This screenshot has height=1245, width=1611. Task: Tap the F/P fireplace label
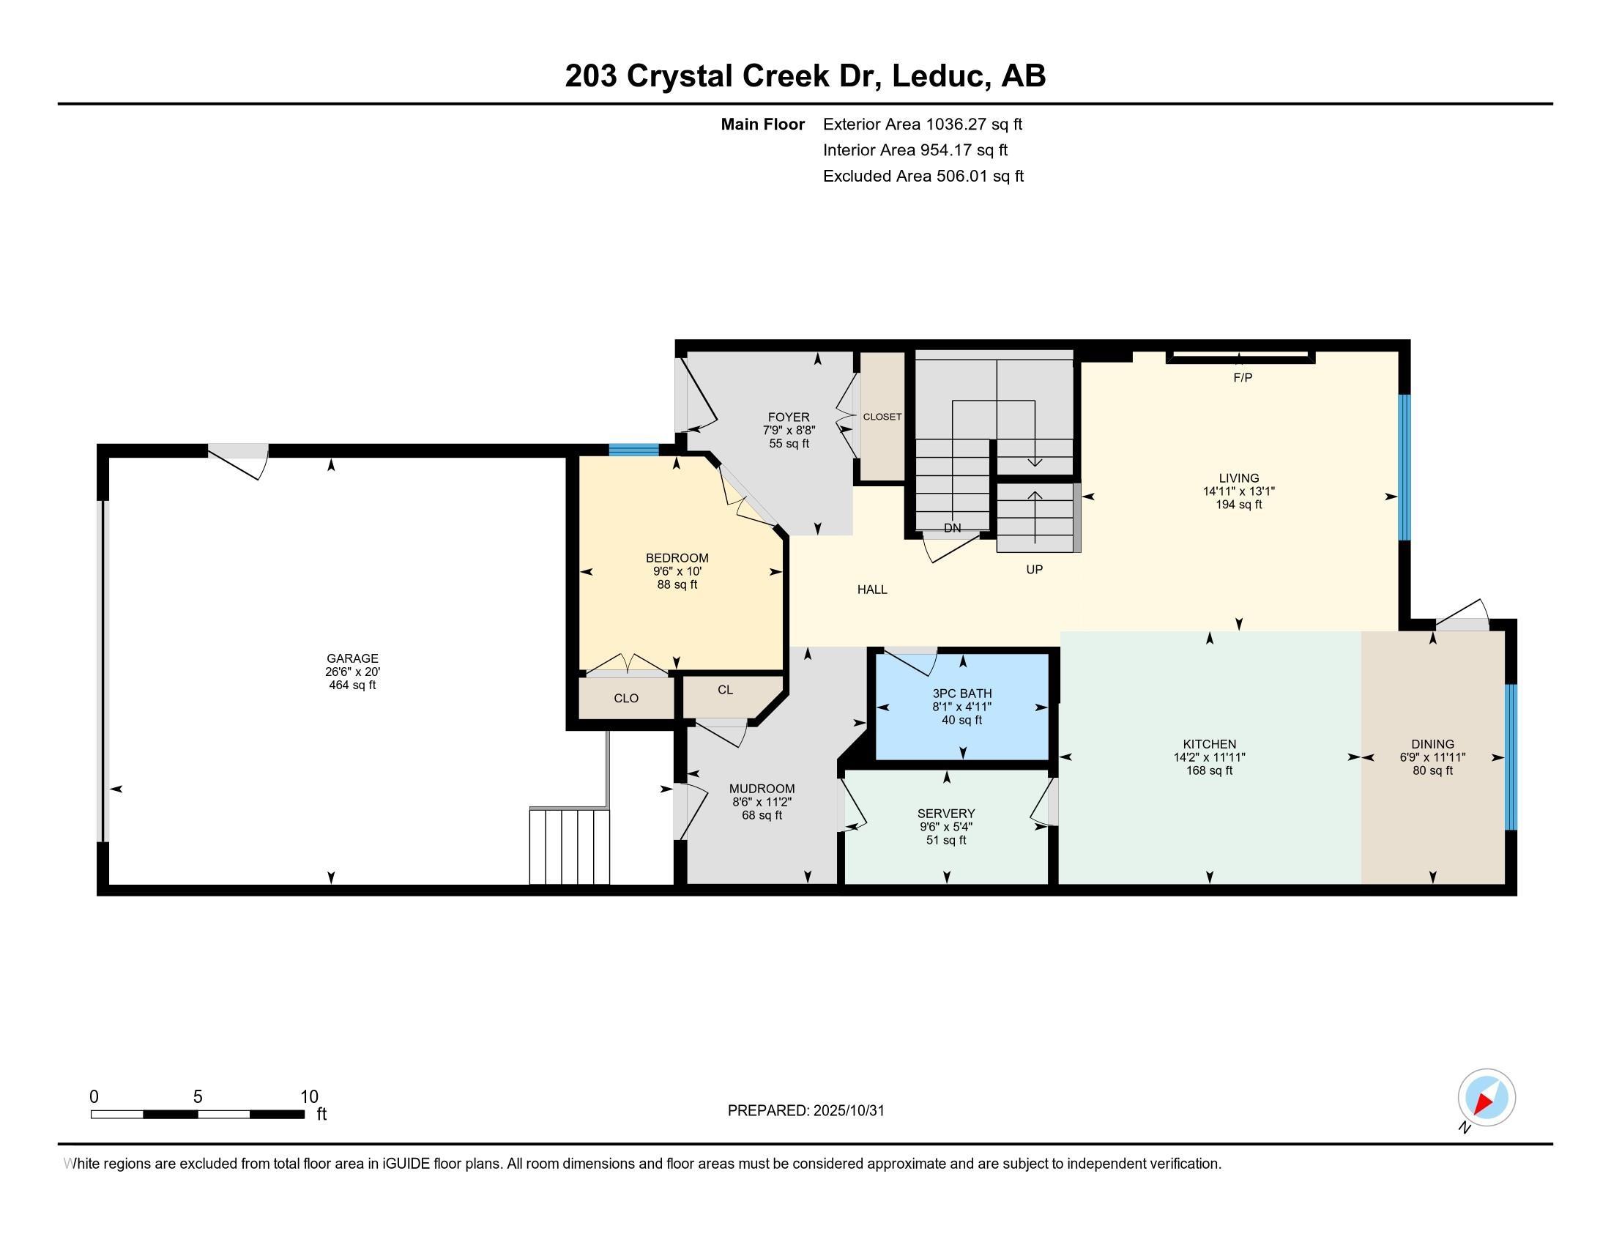click(x=1243, y=378)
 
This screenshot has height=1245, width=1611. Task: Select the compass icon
click(x=1487, y=1098)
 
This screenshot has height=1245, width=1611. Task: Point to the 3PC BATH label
click(x=962, y=694)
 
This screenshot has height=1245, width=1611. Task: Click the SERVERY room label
click(x=946, y=814)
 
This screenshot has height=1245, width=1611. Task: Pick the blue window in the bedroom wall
click(x=633, y=449)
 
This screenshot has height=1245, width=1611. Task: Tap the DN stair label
click(x=952, y=528)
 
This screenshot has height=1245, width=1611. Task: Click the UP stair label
click(x=1034, y=569)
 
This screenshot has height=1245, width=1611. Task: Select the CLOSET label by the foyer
click(x=882, y=417)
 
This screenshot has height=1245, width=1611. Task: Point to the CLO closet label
click(x=626, y=698)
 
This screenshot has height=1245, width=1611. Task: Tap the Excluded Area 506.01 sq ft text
click(x=923, y=176)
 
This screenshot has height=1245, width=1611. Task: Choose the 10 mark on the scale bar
click(x=309, y=1097)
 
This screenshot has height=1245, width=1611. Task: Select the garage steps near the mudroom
click(x=570, y=846)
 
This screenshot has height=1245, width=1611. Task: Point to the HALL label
click(x=872, y=590)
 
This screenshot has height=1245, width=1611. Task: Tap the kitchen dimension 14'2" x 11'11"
click(x=1209, y=757)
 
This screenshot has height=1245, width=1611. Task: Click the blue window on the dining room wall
click(x=1510, y=757)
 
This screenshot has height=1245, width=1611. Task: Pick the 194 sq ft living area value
click(x=1239, y=505)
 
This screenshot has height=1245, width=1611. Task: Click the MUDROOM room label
click(x=762, y=789)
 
